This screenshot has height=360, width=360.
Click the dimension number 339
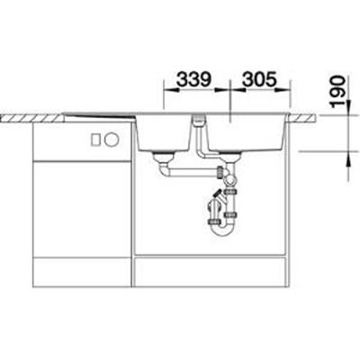(194, 79)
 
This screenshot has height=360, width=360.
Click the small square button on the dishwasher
(95, 139)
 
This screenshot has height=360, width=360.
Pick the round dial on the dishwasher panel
(111, 139)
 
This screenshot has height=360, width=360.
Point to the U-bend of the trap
(223, 229)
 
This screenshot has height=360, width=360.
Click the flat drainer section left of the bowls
(99, 115)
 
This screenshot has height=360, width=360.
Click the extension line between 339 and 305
(229, 99)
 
